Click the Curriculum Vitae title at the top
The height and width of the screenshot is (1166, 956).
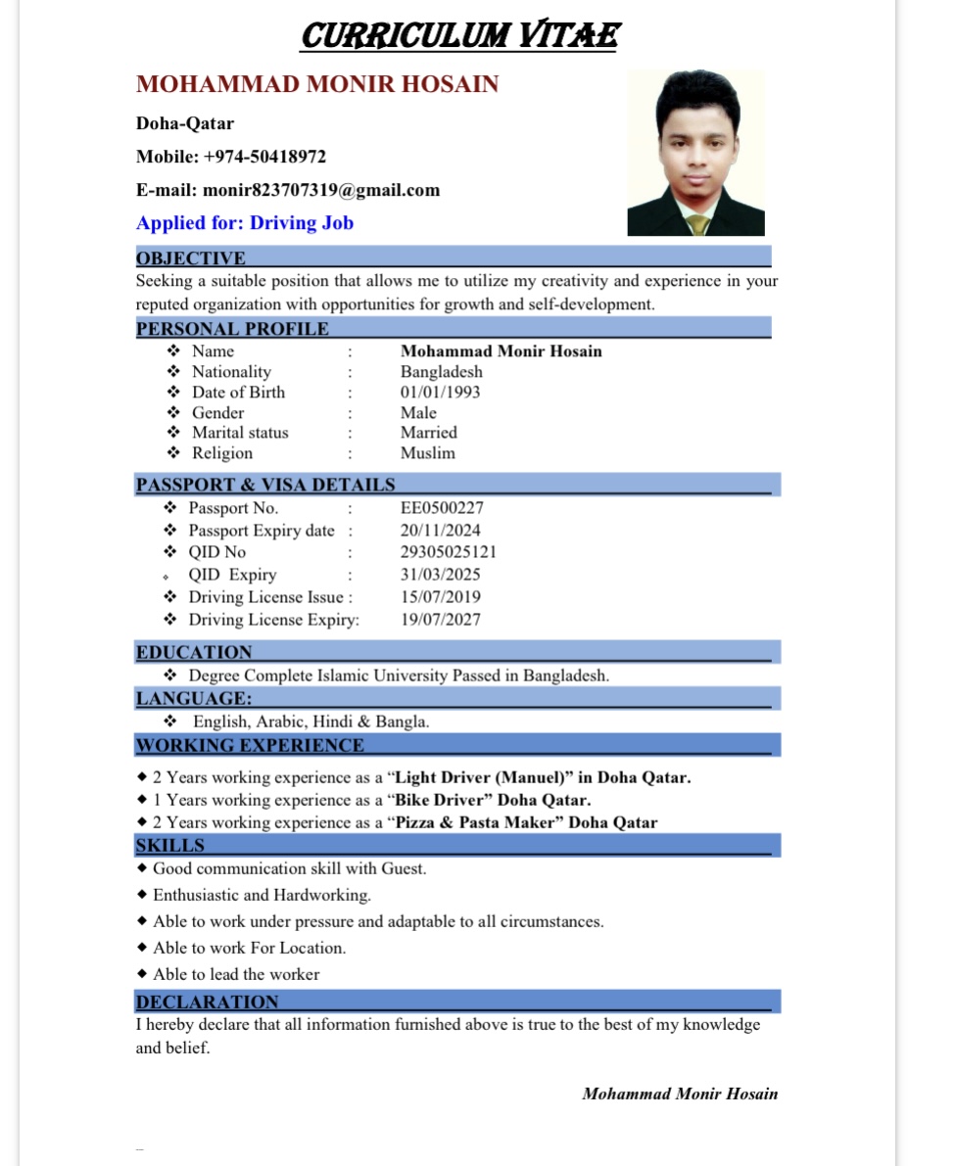(x=459, y=36)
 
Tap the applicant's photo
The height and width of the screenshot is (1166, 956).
(x=695, y=153)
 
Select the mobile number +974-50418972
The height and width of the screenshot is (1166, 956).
(x=264, y=157)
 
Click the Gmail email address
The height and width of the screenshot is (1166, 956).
(x=321, y=190)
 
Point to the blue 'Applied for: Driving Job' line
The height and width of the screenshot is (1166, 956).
(x=245, y=223)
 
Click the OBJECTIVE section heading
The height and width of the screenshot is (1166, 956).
(x=191, y=258)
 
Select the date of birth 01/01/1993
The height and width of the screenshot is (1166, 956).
(x=440, y=393)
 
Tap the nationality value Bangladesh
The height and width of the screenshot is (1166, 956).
(x=441, y=372)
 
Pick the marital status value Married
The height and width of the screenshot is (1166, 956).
(x=428, y=433)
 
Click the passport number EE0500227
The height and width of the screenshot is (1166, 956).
(x=442, y=508)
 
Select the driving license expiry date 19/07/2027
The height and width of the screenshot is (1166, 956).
(x=440, y=620)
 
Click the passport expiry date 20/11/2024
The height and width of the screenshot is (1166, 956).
(x=440, y=531)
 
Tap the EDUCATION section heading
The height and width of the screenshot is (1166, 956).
(x=194, y=652)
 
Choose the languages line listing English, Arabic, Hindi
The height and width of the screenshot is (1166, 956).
(x=311, y=722)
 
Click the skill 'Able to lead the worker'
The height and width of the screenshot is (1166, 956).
(x=236, y=974)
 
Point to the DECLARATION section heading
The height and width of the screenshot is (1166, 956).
(x=208, y=1002)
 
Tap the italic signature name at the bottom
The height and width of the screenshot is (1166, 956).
(x=680, y=1094)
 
